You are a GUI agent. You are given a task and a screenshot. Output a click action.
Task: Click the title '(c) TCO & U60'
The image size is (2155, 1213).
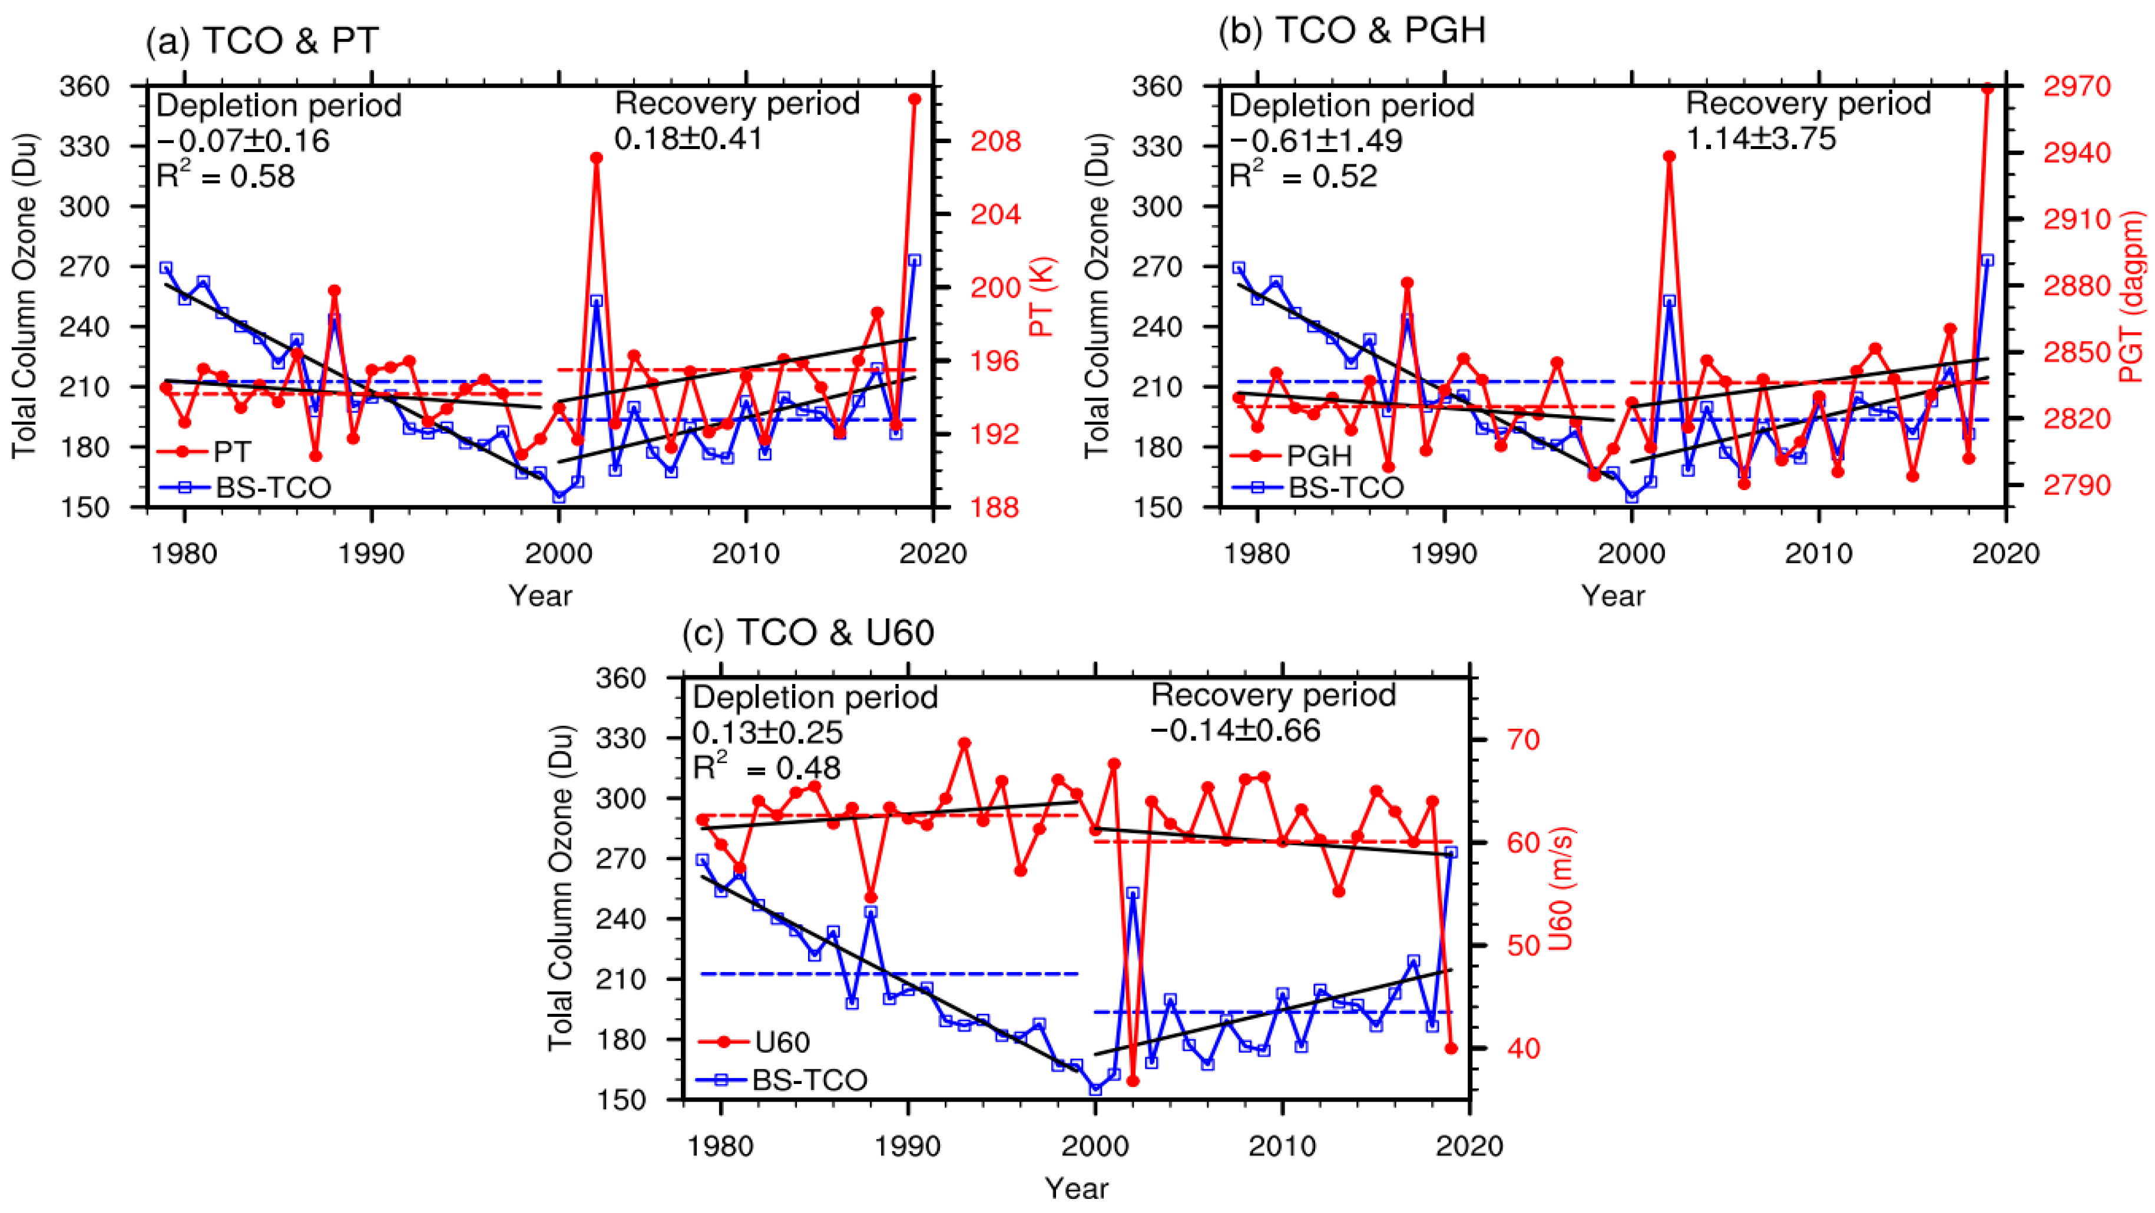(x=808, y=633)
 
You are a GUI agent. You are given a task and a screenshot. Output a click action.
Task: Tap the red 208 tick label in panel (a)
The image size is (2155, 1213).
(x=995, y=141)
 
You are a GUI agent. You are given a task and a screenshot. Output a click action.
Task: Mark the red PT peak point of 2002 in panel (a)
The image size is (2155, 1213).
(x=597, y=157)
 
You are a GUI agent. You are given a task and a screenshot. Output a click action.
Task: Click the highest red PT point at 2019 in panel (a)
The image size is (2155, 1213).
(x=915, y=99)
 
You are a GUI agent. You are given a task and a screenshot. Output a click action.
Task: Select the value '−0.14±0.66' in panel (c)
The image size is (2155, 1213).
(x=1235, y=731)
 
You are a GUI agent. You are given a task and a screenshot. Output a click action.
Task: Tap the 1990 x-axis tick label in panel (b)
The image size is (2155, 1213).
(x=1445, y=553)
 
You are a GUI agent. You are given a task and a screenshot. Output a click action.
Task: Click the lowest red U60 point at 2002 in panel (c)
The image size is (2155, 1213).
(x=1133, y=1081)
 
